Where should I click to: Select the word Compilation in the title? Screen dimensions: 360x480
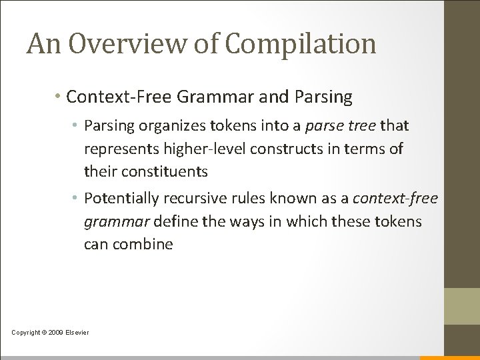click(x=301, y=45)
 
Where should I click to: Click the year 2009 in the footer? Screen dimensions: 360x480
click(x=57, y=332)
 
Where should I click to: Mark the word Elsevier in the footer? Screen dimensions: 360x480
click(x=78, y=332)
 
